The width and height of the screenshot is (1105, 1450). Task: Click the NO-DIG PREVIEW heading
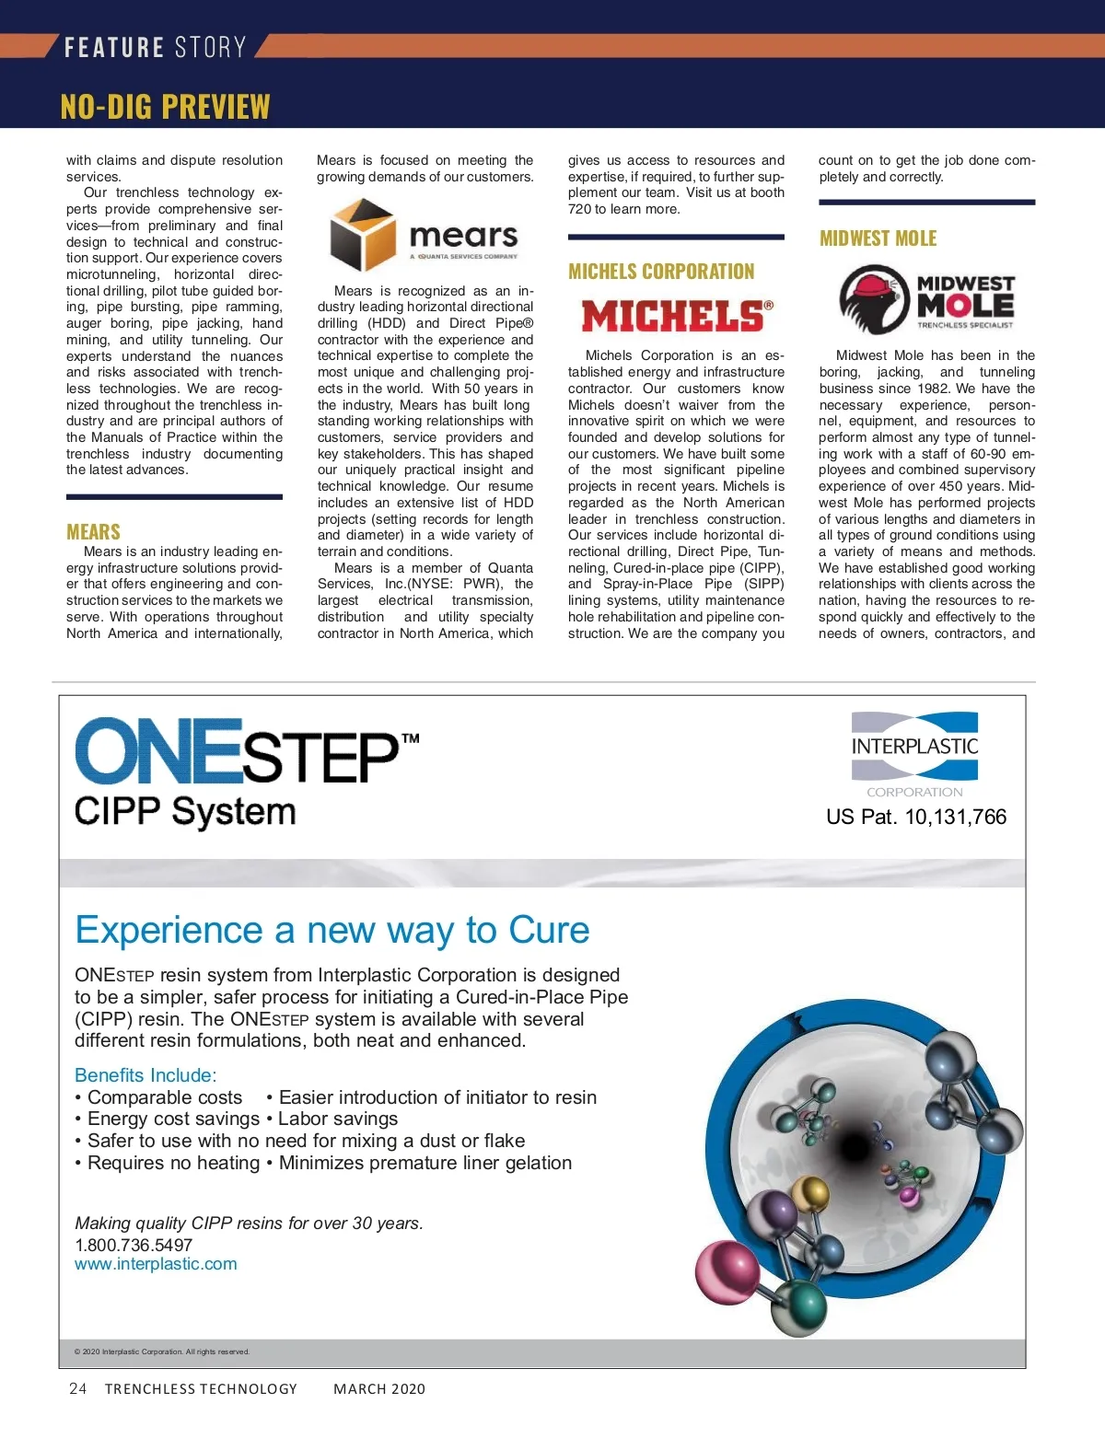(166, 107)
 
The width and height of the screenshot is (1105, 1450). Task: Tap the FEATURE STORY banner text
(155, 47)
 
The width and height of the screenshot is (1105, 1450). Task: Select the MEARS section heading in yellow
(93, 531)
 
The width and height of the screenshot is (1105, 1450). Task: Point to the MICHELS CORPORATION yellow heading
(661, 272)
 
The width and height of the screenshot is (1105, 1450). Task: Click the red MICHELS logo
(677, 316)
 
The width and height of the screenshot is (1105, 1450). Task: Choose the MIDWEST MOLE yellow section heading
(878, 238)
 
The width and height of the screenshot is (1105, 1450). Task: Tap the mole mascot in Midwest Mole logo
(873, 298)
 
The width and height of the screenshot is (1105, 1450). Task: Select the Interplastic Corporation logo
(914, 753)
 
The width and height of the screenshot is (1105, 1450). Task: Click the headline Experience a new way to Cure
(332, 930)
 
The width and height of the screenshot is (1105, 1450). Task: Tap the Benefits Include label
(145, 1074)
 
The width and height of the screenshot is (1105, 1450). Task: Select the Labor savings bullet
(337, 1119)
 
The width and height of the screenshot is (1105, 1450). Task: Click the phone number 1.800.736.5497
(134, 1245)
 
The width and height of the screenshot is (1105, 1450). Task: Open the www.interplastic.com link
(156, 1264)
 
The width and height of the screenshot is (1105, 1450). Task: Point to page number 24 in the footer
(78, 1388)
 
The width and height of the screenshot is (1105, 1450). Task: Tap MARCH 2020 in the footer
(379, 1388)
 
